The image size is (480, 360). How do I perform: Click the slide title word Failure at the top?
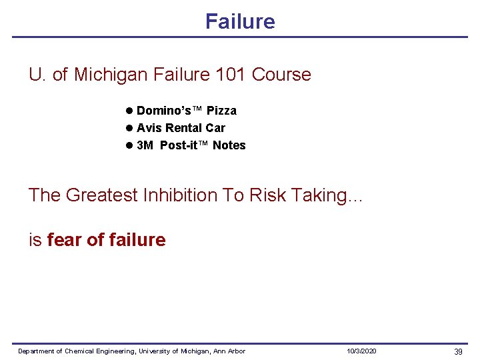[240, 21]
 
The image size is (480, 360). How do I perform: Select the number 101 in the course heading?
[231, 75]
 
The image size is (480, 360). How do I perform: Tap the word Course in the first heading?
[281, 75]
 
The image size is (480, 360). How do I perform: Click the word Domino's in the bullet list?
[161, 111]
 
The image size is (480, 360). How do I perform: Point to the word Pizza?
[221, 111]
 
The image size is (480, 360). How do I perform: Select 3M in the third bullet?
[145, 145]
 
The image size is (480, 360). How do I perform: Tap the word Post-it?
[178, 145]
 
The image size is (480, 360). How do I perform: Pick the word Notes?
[229, 145]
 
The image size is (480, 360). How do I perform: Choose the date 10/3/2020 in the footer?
[361, 351]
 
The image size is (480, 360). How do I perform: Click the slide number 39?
[458, 351]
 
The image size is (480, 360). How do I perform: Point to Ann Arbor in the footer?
[229, 351]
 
